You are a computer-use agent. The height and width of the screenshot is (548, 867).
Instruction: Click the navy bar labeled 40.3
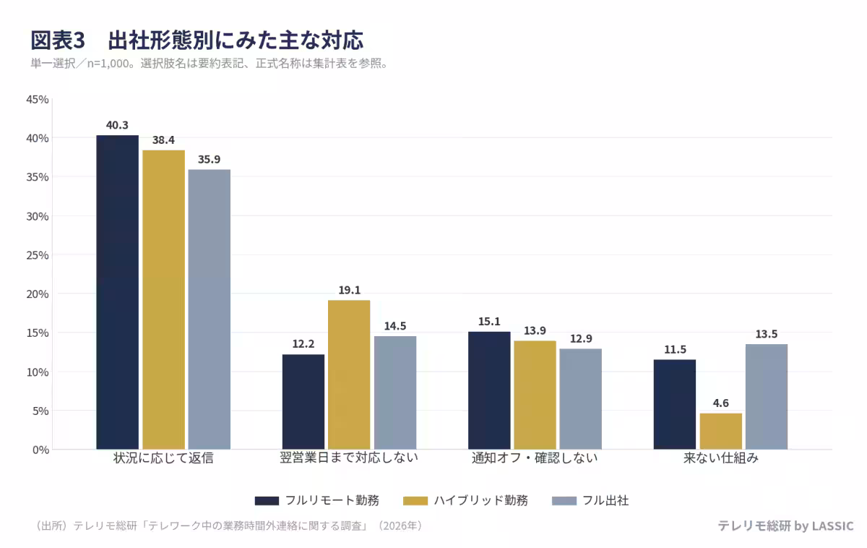[x=117, y=292]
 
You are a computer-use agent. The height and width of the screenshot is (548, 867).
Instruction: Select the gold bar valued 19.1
[x=349, y=374]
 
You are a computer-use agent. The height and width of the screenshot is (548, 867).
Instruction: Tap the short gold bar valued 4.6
[x=721, y=431]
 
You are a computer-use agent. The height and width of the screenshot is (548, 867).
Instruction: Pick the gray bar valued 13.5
[x=767, y=397]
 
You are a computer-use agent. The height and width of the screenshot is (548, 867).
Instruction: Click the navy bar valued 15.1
[x=489, y=390]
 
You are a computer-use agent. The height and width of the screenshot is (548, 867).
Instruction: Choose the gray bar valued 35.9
[x=210, y=309]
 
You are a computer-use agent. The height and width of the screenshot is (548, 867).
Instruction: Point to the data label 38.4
[x=163, y=140]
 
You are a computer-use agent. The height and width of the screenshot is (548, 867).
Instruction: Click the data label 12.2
[x=303, y=343]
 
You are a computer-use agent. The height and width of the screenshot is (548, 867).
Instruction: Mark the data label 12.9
[x=581, y=338]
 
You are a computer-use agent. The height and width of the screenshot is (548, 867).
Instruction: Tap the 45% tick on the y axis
[x=37, y=100]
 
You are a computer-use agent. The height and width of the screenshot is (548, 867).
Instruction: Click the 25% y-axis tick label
[x=37, y=255]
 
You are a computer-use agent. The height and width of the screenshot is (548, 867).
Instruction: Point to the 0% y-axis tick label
[x=40, y=450]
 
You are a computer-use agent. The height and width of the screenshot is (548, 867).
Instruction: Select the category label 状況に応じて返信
[x=163, y=458]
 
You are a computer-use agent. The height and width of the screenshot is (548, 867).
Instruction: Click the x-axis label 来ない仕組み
[x=721, y=458]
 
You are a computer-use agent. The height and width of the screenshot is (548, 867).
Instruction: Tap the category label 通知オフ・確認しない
[x=535, y=458]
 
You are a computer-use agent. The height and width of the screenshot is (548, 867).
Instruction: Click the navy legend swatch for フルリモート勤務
[x=267, y=501]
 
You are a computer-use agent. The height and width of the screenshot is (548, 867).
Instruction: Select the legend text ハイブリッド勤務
[x=480, y=500]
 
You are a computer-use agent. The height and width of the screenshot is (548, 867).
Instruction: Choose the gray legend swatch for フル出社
[x=564, y=501]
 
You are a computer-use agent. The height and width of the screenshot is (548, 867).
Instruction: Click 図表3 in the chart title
[x=58, y=40]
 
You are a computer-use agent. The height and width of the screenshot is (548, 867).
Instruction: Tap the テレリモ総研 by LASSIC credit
[x=786, y=526]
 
